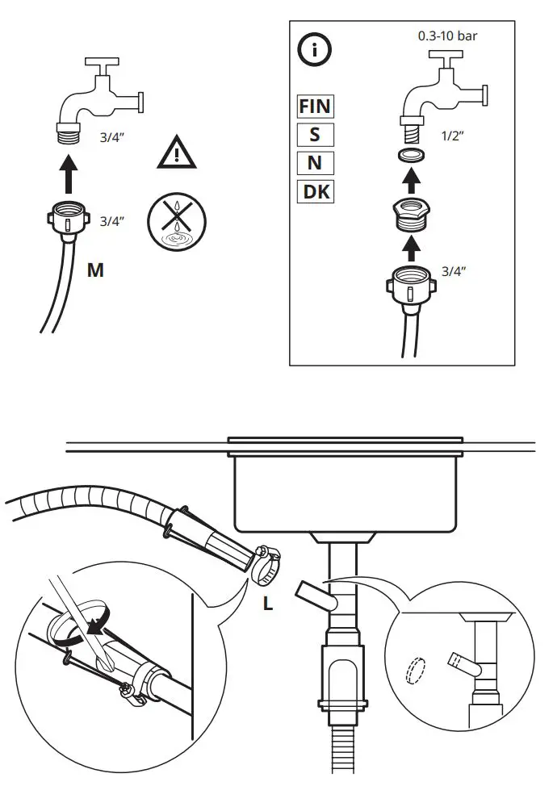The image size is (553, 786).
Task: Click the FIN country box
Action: point(315,106)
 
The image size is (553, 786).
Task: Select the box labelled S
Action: point(315,134)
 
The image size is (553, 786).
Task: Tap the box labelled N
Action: point(315,162)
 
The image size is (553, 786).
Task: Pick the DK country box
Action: point(315,191)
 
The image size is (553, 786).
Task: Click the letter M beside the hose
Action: point(95,270)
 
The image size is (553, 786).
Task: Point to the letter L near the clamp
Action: point(268,602)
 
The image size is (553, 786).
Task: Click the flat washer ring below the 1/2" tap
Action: point(413,155)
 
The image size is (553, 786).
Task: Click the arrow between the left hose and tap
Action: point(70,172)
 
